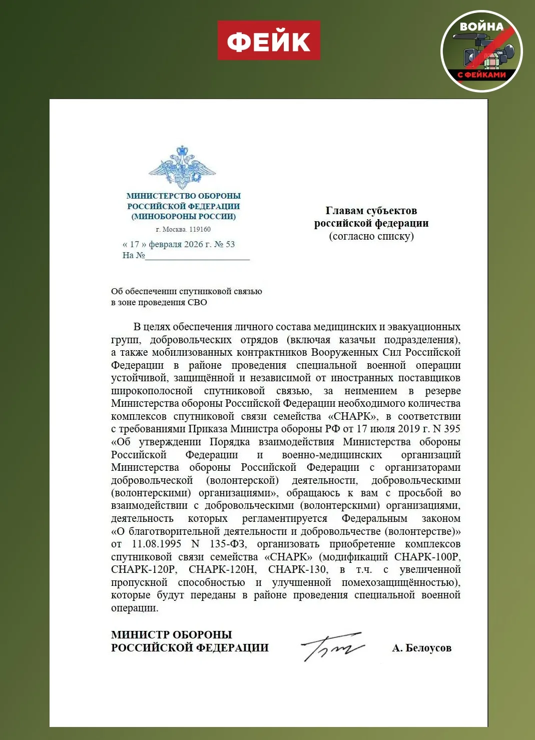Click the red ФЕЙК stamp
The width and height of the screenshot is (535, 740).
[x=269, y=41]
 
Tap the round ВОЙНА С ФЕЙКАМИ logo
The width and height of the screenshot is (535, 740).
[x=481, y=51]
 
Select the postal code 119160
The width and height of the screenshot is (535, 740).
[x=200, y=230]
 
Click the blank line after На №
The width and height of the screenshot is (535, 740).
[x=197, y=257]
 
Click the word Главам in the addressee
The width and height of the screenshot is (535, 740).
[x=346, y=211]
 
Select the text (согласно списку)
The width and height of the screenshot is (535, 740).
[x=371, y=236]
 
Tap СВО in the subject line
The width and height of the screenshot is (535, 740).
[x=197, y=302]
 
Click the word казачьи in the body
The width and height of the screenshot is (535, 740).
[x=357, y=340]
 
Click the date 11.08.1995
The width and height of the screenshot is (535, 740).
[x=157, y=544]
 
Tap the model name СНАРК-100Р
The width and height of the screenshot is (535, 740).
[x=427, y=557]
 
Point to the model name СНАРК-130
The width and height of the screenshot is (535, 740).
[x=298, y=569]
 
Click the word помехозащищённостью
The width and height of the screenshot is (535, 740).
[x=401, y=582]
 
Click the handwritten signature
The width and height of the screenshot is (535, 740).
[x=332, y=646]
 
